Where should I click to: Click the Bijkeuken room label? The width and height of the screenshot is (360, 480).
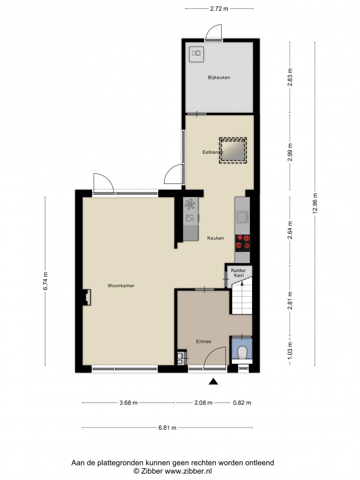coord(219,77)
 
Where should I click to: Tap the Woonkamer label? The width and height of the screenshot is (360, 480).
coord(121,286)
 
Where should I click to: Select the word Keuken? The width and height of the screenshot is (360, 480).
coord(216,238)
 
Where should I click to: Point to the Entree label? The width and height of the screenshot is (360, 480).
coord(204,341)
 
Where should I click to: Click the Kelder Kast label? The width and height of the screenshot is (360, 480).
coord(239,273)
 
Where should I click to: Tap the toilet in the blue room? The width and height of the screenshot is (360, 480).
coord(243,352)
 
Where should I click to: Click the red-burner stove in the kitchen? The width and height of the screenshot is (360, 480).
coord(243,243)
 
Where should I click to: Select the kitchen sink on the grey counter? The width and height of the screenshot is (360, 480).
coord(243,217)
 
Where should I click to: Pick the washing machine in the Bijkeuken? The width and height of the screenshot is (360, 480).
coord(196,54)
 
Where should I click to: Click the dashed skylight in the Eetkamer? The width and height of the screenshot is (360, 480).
coord(232,150)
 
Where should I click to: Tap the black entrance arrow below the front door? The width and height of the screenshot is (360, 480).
coord(213,381)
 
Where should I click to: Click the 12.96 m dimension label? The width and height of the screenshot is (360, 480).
coord(315,204)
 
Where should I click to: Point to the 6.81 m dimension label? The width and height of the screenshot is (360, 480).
coord(168,428)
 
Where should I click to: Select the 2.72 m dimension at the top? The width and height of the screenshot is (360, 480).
coord(219,8)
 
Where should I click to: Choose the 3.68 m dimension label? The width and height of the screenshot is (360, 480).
coord(128,403)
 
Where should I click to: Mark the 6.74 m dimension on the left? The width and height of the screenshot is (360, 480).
coord(45,281)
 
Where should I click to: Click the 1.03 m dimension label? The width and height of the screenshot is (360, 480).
coord(290,350)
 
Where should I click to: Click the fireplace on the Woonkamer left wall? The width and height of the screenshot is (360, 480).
coord(87,297)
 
